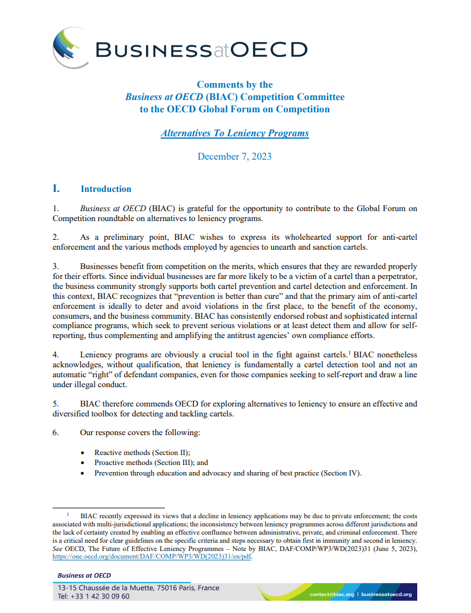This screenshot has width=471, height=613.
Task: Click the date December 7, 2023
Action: (x=234, y=156)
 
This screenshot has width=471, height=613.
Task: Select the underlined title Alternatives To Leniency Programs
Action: (x=234, y=133)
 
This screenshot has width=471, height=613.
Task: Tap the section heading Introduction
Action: (x=106, y=189)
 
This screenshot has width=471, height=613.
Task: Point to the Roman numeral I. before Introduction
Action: (x=56, y=188)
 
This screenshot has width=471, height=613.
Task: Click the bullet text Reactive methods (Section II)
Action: (x=143, y=452)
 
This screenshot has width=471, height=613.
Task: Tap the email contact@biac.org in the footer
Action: (x=332, y=594)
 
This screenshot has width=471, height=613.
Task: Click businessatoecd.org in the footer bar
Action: (x=386, y=594)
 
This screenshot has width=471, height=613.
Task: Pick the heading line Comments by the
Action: (x=234, y=84)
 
